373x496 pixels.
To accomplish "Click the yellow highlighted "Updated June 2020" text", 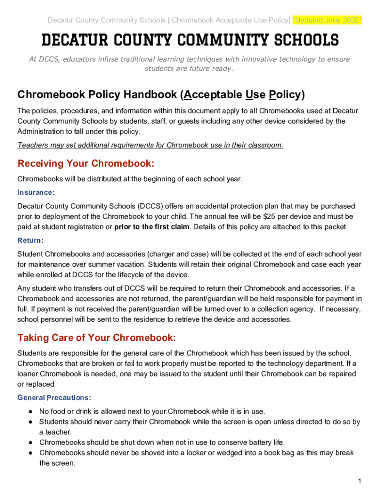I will click(x=327, y=20).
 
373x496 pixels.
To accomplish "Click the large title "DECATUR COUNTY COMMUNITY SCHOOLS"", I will click(x=189, y=40).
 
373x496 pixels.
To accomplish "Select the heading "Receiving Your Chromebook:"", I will click(x=86, y=163).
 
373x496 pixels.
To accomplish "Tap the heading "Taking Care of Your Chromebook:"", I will click(x=96, y=337).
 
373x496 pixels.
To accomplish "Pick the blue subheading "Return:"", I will click(x=31, y=240).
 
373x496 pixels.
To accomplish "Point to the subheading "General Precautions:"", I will click(x=54, y=398).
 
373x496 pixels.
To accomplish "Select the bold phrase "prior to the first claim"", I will click(x=152, y=227).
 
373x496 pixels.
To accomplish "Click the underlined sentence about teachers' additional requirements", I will click(x=150, y=145).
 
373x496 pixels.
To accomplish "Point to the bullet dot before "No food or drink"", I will click(x=30, y=411).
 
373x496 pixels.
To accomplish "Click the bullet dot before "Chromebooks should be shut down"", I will click(x=30, y=442).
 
